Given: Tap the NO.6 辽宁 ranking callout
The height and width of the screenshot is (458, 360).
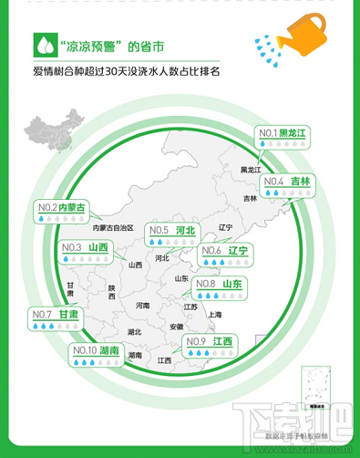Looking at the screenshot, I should tap(224, 255).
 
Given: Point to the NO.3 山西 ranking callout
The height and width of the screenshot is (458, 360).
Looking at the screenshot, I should tap(85, 252).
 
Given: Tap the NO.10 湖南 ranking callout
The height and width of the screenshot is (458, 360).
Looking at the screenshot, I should tap(97, 354).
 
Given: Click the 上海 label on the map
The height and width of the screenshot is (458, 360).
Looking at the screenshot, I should tap(215, 315).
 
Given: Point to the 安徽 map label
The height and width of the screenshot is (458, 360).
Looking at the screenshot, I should tap(176, 327).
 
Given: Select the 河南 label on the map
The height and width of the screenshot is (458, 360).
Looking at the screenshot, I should tap(142, 306).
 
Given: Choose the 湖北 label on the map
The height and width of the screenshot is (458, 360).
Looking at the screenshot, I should tap(135, 332).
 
